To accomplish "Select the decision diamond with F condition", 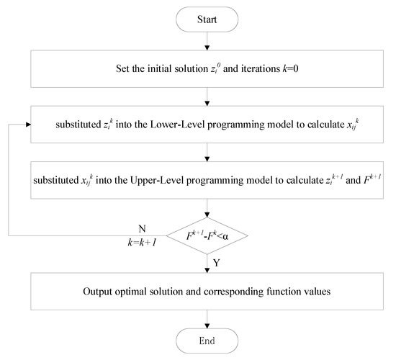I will [207, 235].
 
